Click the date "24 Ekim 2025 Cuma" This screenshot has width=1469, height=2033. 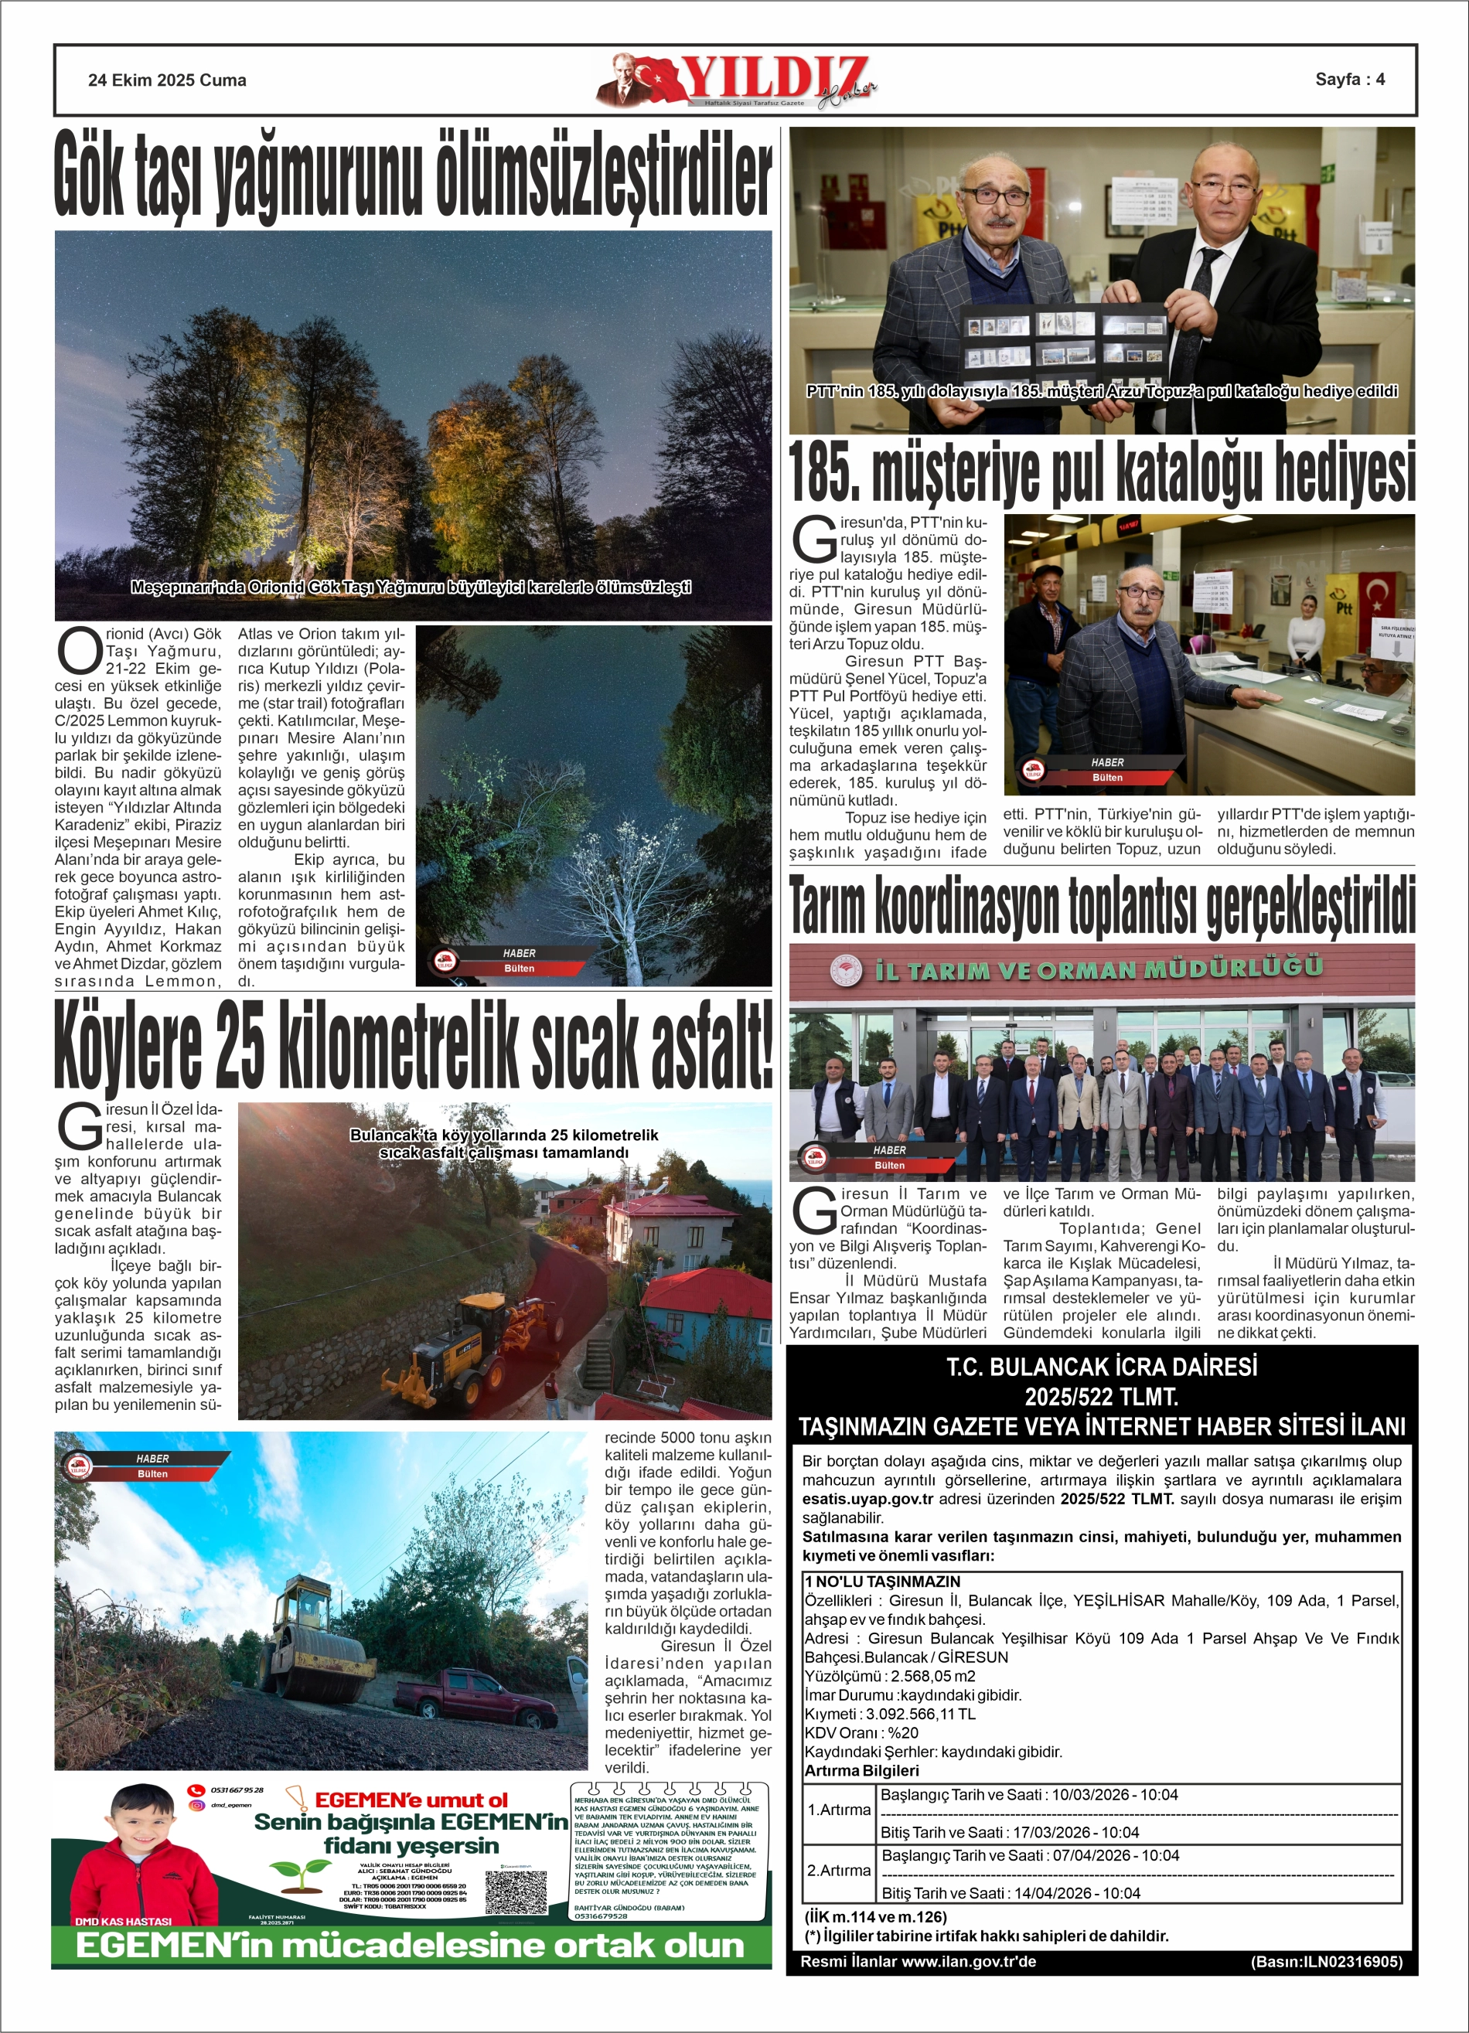click(167, 80)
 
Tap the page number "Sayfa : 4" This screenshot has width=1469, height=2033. click(1349, 79)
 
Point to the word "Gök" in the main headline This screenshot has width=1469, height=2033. click(92, 174)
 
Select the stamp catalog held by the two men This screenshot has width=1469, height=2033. click(1064, 341)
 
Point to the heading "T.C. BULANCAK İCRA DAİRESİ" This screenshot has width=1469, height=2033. click(1101, 1367)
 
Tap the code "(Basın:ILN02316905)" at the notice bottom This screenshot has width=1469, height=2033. click(1325, 1961)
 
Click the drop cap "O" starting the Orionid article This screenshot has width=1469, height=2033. click(79, 651)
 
